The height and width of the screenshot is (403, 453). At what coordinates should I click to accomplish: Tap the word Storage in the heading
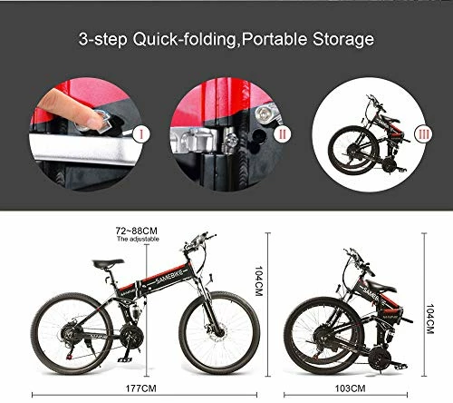342,40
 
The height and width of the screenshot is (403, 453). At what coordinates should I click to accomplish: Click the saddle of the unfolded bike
108,262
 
